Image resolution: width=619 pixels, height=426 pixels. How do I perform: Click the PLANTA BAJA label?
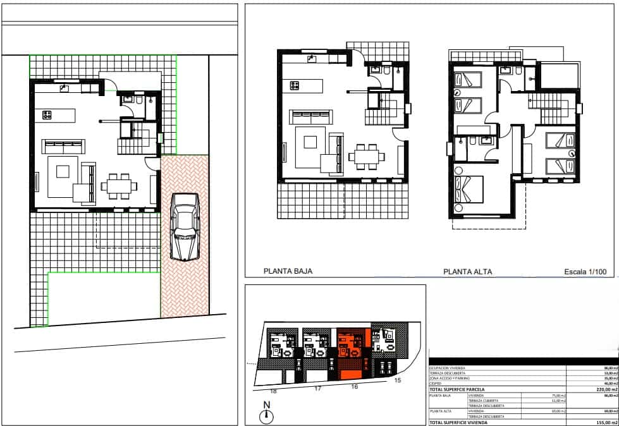click(288, 272)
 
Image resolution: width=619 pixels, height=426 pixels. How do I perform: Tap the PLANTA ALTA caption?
click(468, 272)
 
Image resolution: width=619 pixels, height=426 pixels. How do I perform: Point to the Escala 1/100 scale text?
click(585, 272)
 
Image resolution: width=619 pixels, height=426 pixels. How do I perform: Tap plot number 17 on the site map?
click(318, 389)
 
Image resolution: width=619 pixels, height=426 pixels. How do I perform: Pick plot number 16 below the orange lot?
click(354, 386)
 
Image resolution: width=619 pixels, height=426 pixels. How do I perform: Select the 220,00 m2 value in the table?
click(599, 390)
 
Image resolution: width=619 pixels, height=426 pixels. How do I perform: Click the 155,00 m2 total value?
click(599, 422)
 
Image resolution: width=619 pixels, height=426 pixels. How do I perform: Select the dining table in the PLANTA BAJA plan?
click(367, 156)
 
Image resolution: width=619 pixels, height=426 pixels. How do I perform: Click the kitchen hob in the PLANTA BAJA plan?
click(295, 85)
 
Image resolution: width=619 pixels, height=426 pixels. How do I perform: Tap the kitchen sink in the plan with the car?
click(64, 88)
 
